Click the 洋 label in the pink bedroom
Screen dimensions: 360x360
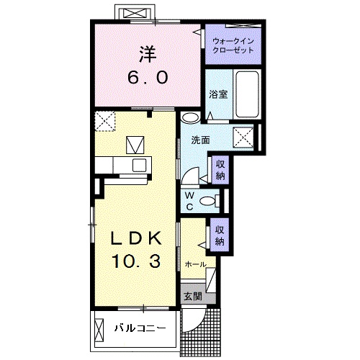pos(147,54)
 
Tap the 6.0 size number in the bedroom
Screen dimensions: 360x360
pos(148,78)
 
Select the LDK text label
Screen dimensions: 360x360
pos(136,238)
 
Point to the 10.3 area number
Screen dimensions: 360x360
pos(136,261)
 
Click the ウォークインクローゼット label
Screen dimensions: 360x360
pos(233,45)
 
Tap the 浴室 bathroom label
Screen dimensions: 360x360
pos(218,94)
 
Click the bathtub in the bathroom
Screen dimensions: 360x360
pos(247,94)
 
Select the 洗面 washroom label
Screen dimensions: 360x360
pos(201,140)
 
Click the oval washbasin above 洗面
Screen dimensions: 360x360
pos(191,118)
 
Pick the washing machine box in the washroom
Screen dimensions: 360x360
pos(243,137)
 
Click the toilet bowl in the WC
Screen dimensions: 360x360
pos(208,201)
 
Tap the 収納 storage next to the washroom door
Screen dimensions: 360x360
pos(220,170)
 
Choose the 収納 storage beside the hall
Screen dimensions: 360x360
pos(220,235)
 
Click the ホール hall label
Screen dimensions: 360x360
pos(196,264)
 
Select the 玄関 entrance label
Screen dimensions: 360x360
pos(193,297)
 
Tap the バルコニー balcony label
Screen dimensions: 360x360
pos(140,328)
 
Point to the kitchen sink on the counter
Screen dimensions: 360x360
pos(140,165)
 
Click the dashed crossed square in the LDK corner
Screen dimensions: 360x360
pos(105,121)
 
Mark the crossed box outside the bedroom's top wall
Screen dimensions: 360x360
pos(135,13)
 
